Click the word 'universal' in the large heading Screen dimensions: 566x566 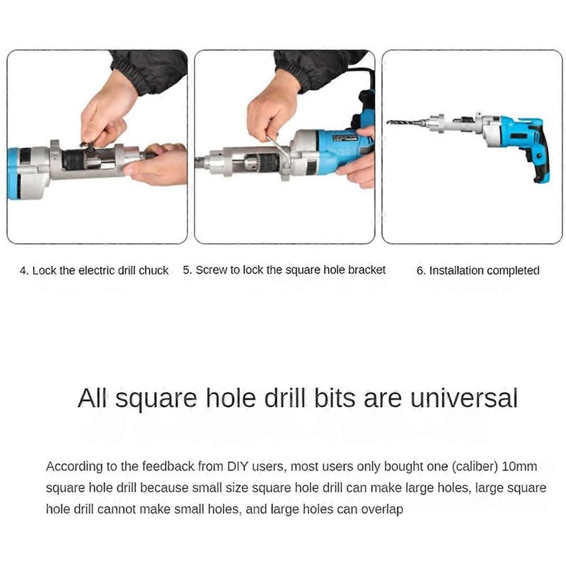pos(464,398)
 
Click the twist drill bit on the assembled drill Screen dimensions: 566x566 pos(406,122)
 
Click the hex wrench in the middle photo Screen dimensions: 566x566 pos(279,150)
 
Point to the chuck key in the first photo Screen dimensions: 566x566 pos(87,146)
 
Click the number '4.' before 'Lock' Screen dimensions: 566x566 pos(24,271)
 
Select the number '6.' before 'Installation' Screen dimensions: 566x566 pos(421,270)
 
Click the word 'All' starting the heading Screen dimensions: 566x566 pos(93,398)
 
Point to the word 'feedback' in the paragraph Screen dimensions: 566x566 pos(168,466)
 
